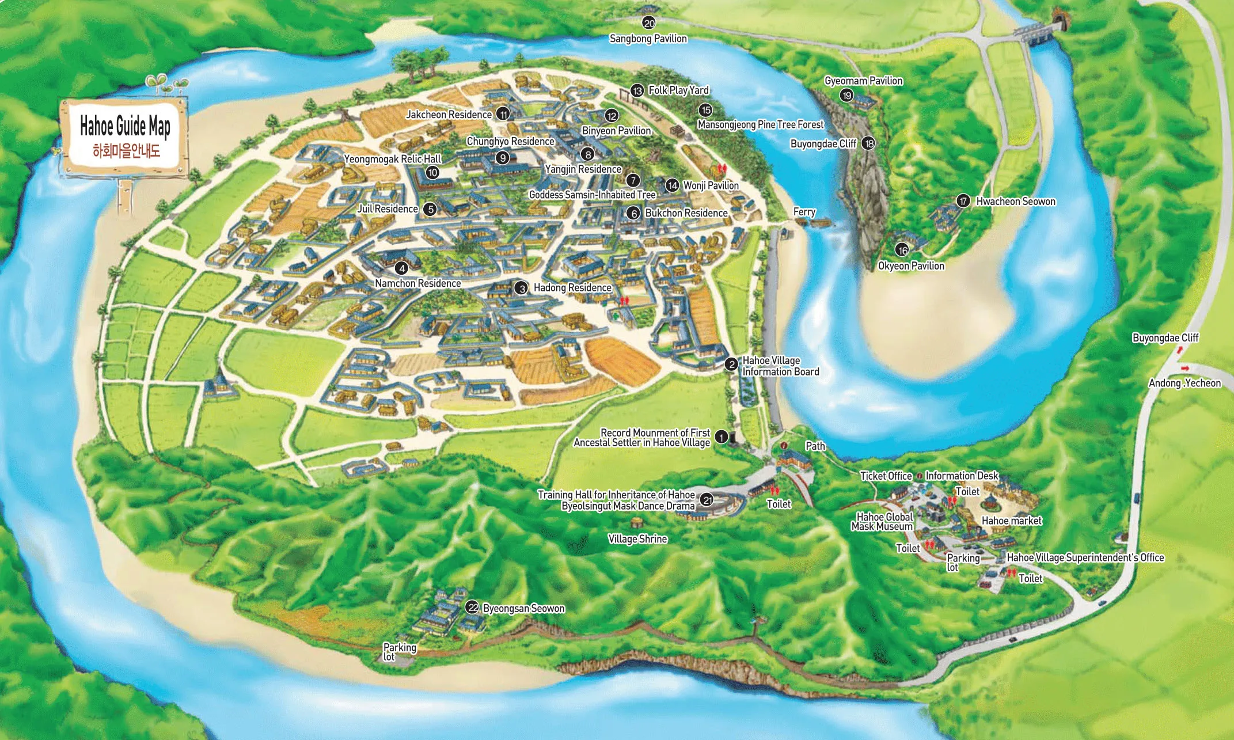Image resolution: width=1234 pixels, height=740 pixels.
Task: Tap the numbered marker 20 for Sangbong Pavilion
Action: point(649,23)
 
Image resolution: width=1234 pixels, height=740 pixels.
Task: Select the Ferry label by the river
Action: point(804,212)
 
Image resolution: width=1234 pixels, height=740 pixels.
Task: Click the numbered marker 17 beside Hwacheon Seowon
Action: point(963,201)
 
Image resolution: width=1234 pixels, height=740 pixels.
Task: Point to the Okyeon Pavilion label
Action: point(911,266)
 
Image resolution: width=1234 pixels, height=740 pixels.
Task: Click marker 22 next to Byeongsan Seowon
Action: point(472,608)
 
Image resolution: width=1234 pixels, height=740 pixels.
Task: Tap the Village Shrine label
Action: point(637,539)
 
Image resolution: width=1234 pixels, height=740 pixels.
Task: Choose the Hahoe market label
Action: point(1012,521)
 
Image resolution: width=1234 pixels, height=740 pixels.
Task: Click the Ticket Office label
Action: point(886,476)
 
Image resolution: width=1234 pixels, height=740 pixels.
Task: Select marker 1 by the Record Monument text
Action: point(722,438)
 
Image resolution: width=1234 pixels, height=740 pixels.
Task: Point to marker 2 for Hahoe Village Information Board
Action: point(731,364)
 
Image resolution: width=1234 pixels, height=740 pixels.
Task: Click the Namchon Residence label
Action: point(418,283)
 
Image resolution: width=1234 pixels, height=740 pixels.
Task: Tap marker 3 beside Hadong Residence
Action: point(522,288)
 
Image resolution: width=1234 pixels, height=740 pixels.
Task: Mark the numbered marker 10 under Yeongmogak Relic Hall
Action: point(432,172)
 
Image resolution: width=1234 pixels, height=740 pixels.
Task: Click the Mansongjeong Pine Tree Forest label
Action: point(760,124)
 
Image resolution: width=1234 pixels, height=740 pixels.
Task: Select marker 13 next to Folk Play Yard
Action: point(637,90)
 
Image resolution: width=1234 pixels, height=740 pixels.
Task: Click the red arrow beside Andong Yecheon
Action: point(1184,369)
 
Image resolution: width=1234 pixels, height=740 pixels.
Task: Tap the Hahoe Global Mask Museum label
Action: point(882,522)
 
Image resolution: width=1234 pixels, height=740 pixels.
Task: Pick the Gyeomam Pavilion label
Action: point(863,81)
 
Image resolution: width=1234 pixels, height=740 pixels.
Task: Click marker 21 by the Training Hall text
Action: point(707,500)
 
